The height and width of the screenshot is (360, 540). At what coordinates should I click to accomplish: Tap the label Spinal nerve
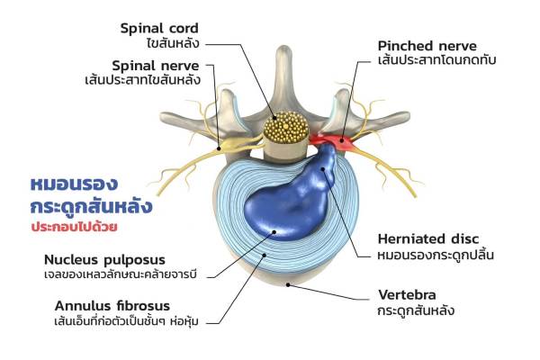tap(163, 66)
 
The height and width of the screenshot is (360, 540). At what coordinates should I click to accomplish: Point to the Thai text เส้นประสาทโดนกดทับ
tap(438, 61)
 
